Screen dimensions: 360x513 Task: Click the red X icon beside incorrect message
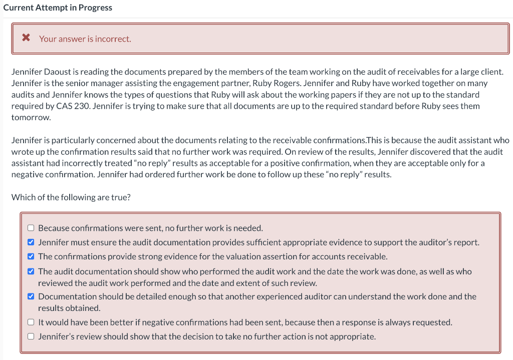[26, 39]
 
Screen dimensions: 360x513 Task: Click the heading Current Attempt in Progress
[58, 8]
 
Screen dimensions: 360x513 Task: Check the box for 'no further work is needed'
[31, 228]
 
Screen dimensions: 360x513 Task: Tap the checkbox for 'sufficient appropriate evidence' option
[31, 242]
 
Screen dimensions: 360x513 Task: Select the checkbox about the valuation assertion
[31, 256]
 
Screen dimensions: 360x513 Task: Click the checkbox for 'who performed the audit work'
[31, 271]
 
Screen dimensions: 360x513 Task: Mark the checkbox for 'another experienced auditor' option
[31, 296]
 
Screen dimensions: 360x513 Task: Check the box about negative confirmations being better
[31, 322]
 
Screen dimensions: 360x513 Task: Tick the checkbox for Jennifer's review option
[31, 336]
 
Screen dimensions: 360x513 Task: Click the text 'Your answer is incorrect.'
[85, 39]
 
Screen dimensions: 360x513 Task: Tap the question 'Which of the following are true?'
[71, 197]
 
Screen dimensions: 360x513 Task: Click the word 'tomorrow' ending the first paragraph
[30, 118]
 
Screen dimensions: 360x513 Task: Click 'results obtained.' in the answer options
[69, 308]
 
